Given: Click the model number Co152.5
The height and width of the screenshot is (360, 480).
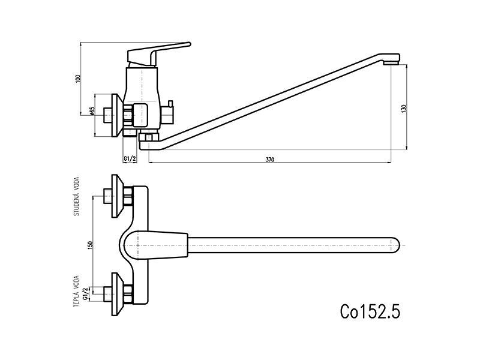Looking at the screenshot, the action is point(370,311).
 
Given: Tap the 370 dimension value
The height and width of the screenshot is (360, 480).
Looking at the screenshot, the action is point(269,160).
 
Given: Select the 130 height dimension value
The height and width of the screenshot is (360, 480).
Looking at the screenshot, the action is point(403,109).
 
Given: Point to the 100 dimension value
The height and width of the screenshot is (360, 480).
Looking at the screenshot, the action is point(78,79).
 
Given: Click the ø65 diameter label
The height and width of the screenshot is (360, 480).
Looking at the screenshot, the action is point(92,111).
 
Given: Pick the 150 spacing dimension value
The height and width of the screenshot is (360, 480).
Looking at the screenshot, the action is point(90,245).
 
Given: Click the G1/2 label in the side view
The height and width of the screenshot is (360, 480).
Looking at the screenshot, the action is point(130,158).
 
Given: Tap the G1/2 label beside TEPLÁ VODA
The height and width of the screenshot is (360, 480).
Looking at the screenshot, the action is point(86,293).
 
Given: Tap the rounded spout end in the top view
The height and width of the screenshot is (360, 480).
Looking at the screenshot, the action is point(395,245).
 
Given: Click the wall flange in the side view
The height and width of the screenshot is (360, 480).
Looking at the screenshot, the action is point(117,115).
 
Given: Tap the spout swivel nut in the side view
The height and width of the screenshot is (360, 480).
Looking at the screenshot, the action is point(148,136).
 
